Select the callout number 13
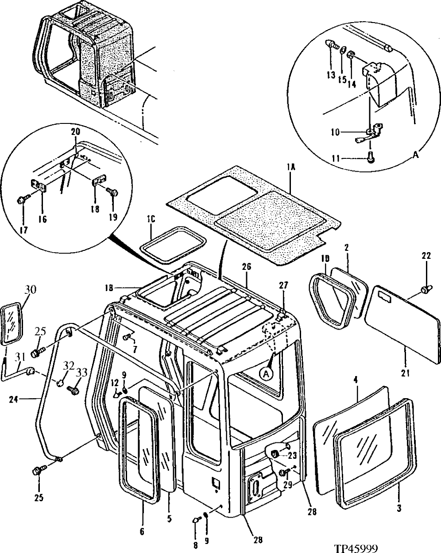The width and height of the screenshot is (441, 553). pyautogui.click(x=331, y=75)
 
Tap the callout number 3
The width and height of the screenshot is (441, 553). pyautogui.click(x=399, y=509)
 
